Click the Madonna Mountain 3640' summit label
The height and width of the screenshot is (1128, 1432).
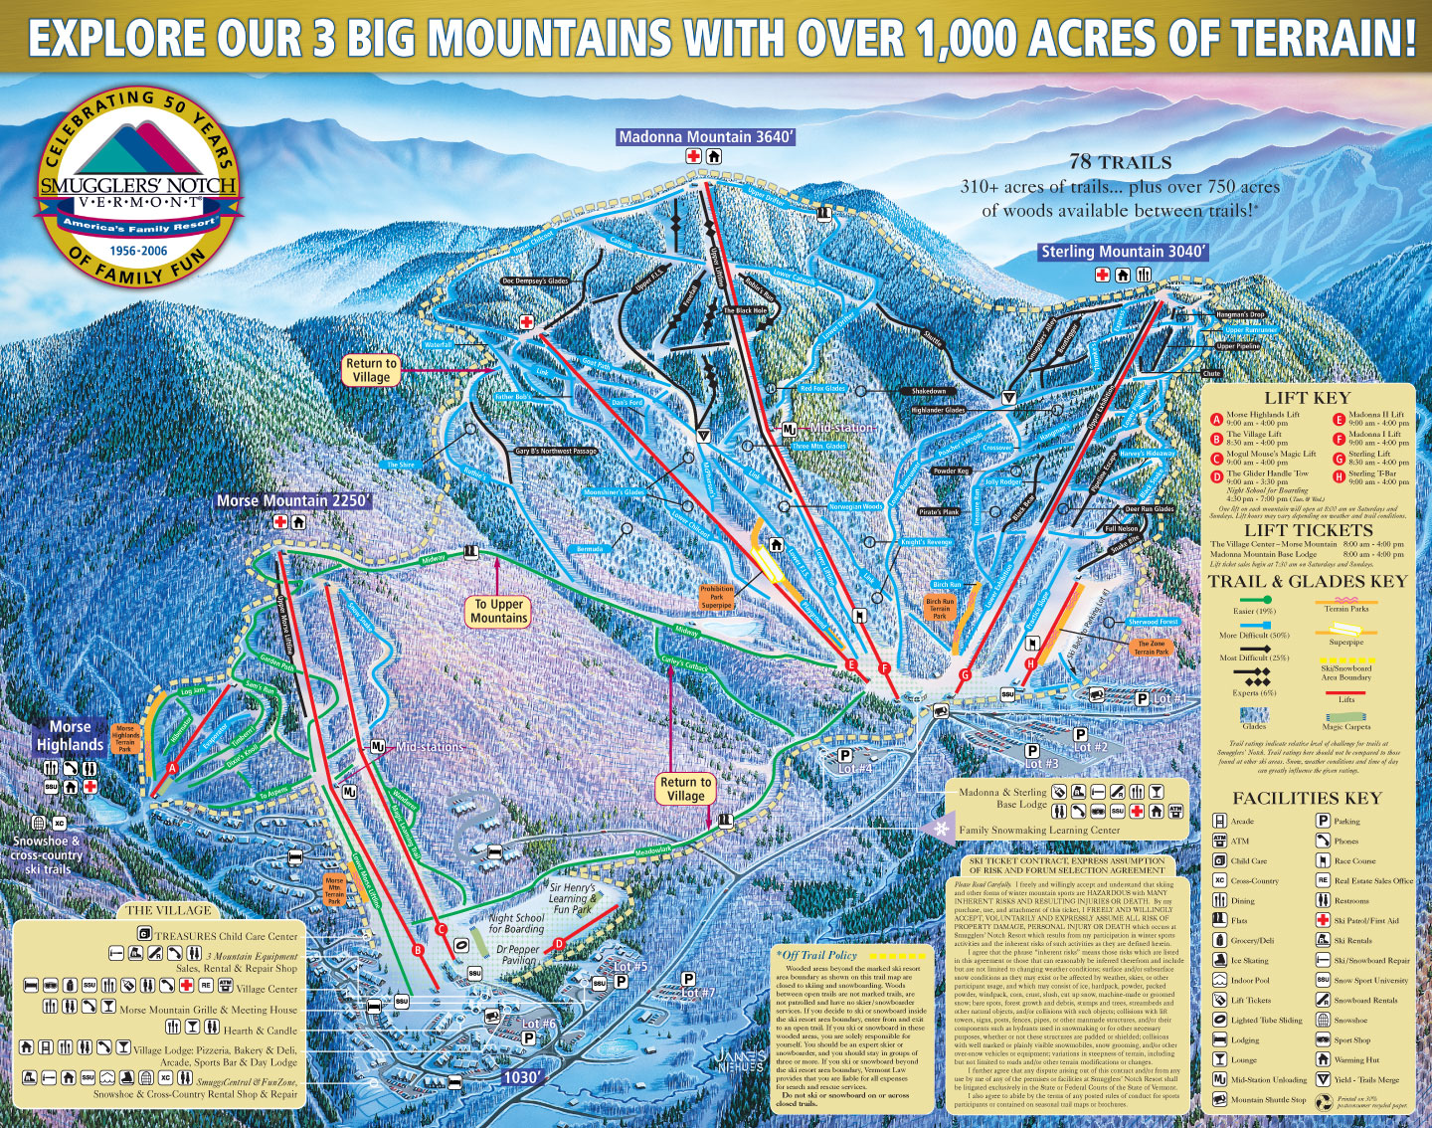pyautogui.click(x=706, y=137)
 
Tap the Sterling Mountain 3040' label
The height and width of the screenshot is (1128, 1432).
pyautogui.click(x=1122, y=253)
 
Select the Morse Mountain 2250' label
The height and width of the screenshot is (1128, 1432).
pyautogui.click(x=293, y=501)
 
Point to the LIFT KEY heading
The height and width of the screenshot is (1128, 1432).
pyautogui.click(x=1307, y=398)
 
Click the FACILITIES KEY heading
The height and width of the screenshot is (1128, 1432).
pyautogui.click(x=1307, y=798)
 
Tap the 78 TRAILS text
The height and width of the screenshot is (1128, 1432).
pyautogui.click(x=1120, y=162)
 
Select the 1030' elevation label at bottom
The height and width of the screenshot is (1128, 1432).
pyautogui.click(x=522, y=1077)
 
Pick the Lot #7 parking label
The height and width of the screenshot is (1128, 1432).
pyautogui.click(x=696, y=992)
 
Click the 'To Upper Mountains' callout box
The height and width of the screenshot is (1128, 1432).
pyautogui.click(x=499, y=611)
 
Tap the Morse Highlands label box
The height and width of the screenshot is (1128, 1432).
pyautogui.click(x=71, y=735)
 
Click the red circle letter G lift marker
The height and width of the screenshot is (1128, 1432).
pyautogui.click(x=965, y=674)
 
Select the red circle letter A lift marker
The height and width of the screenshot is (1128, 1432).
pyautogui.click(x=172, y=768)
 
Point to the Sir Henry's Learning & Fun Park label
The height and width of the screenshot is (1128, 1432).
pyautogui.click(x=573, y=898)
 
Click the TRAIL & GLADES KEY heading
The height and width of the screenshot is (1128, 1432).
pyautogui.click(x=1307, y=582)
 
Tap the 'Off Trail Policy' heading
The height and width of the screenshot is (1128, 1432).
pyautogui.click(x=818, y=955)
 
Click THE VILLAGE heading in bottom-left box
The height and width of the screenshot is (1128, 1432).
pyautogui.click(x=168, y=909)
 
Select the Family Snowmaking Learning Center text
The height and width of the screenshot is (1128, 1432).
pyautogui.click(x=1039, y=830)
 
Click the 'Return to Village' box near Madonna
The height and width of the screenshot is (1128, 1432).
pyautogui.click(x=371, y=370)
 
